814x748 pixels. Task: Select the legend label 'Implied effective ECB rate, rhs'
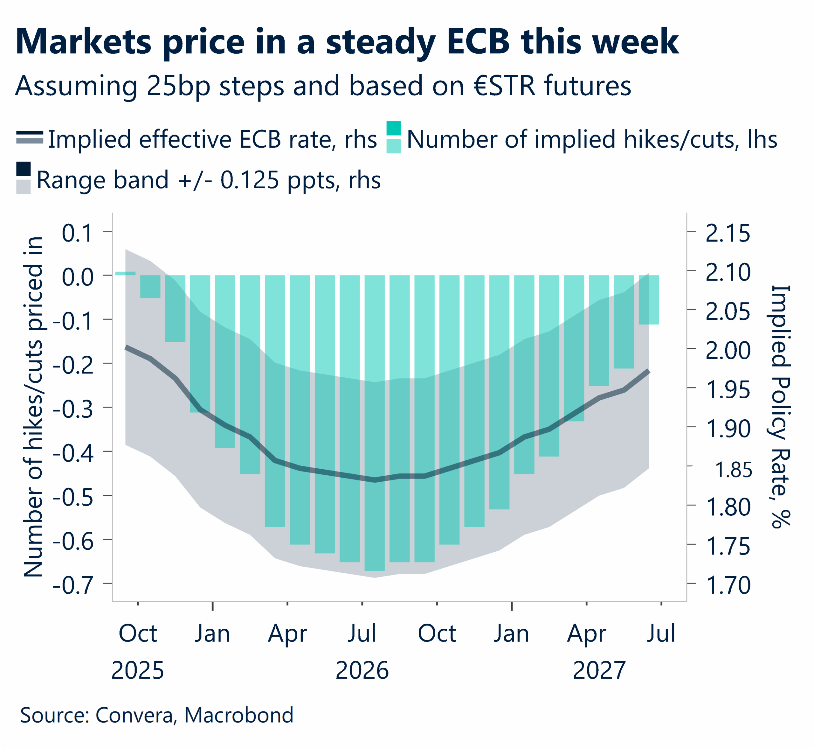[212, 140]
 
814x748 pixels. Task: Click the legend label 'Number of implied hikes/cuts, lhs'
[591, 140]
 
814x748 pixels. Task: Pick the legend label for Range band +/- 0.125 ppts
[208, 180]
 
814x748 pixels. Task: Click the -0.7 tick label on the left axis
[73, 585]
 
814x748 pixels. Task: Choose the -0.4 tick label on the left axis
[73, 453]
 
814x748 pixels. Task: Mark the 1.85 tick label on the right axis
[734, 470]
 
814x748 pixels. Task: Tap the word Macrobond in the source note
[239, 715]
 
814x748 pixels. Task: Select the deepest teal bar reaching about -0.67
[375, 423]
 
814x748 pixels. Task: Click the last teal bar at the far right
[649, 299]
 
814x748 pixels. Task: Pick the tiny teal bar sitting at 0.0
[125, 274]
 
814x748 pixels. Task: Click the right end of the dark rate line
[648, 371]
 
